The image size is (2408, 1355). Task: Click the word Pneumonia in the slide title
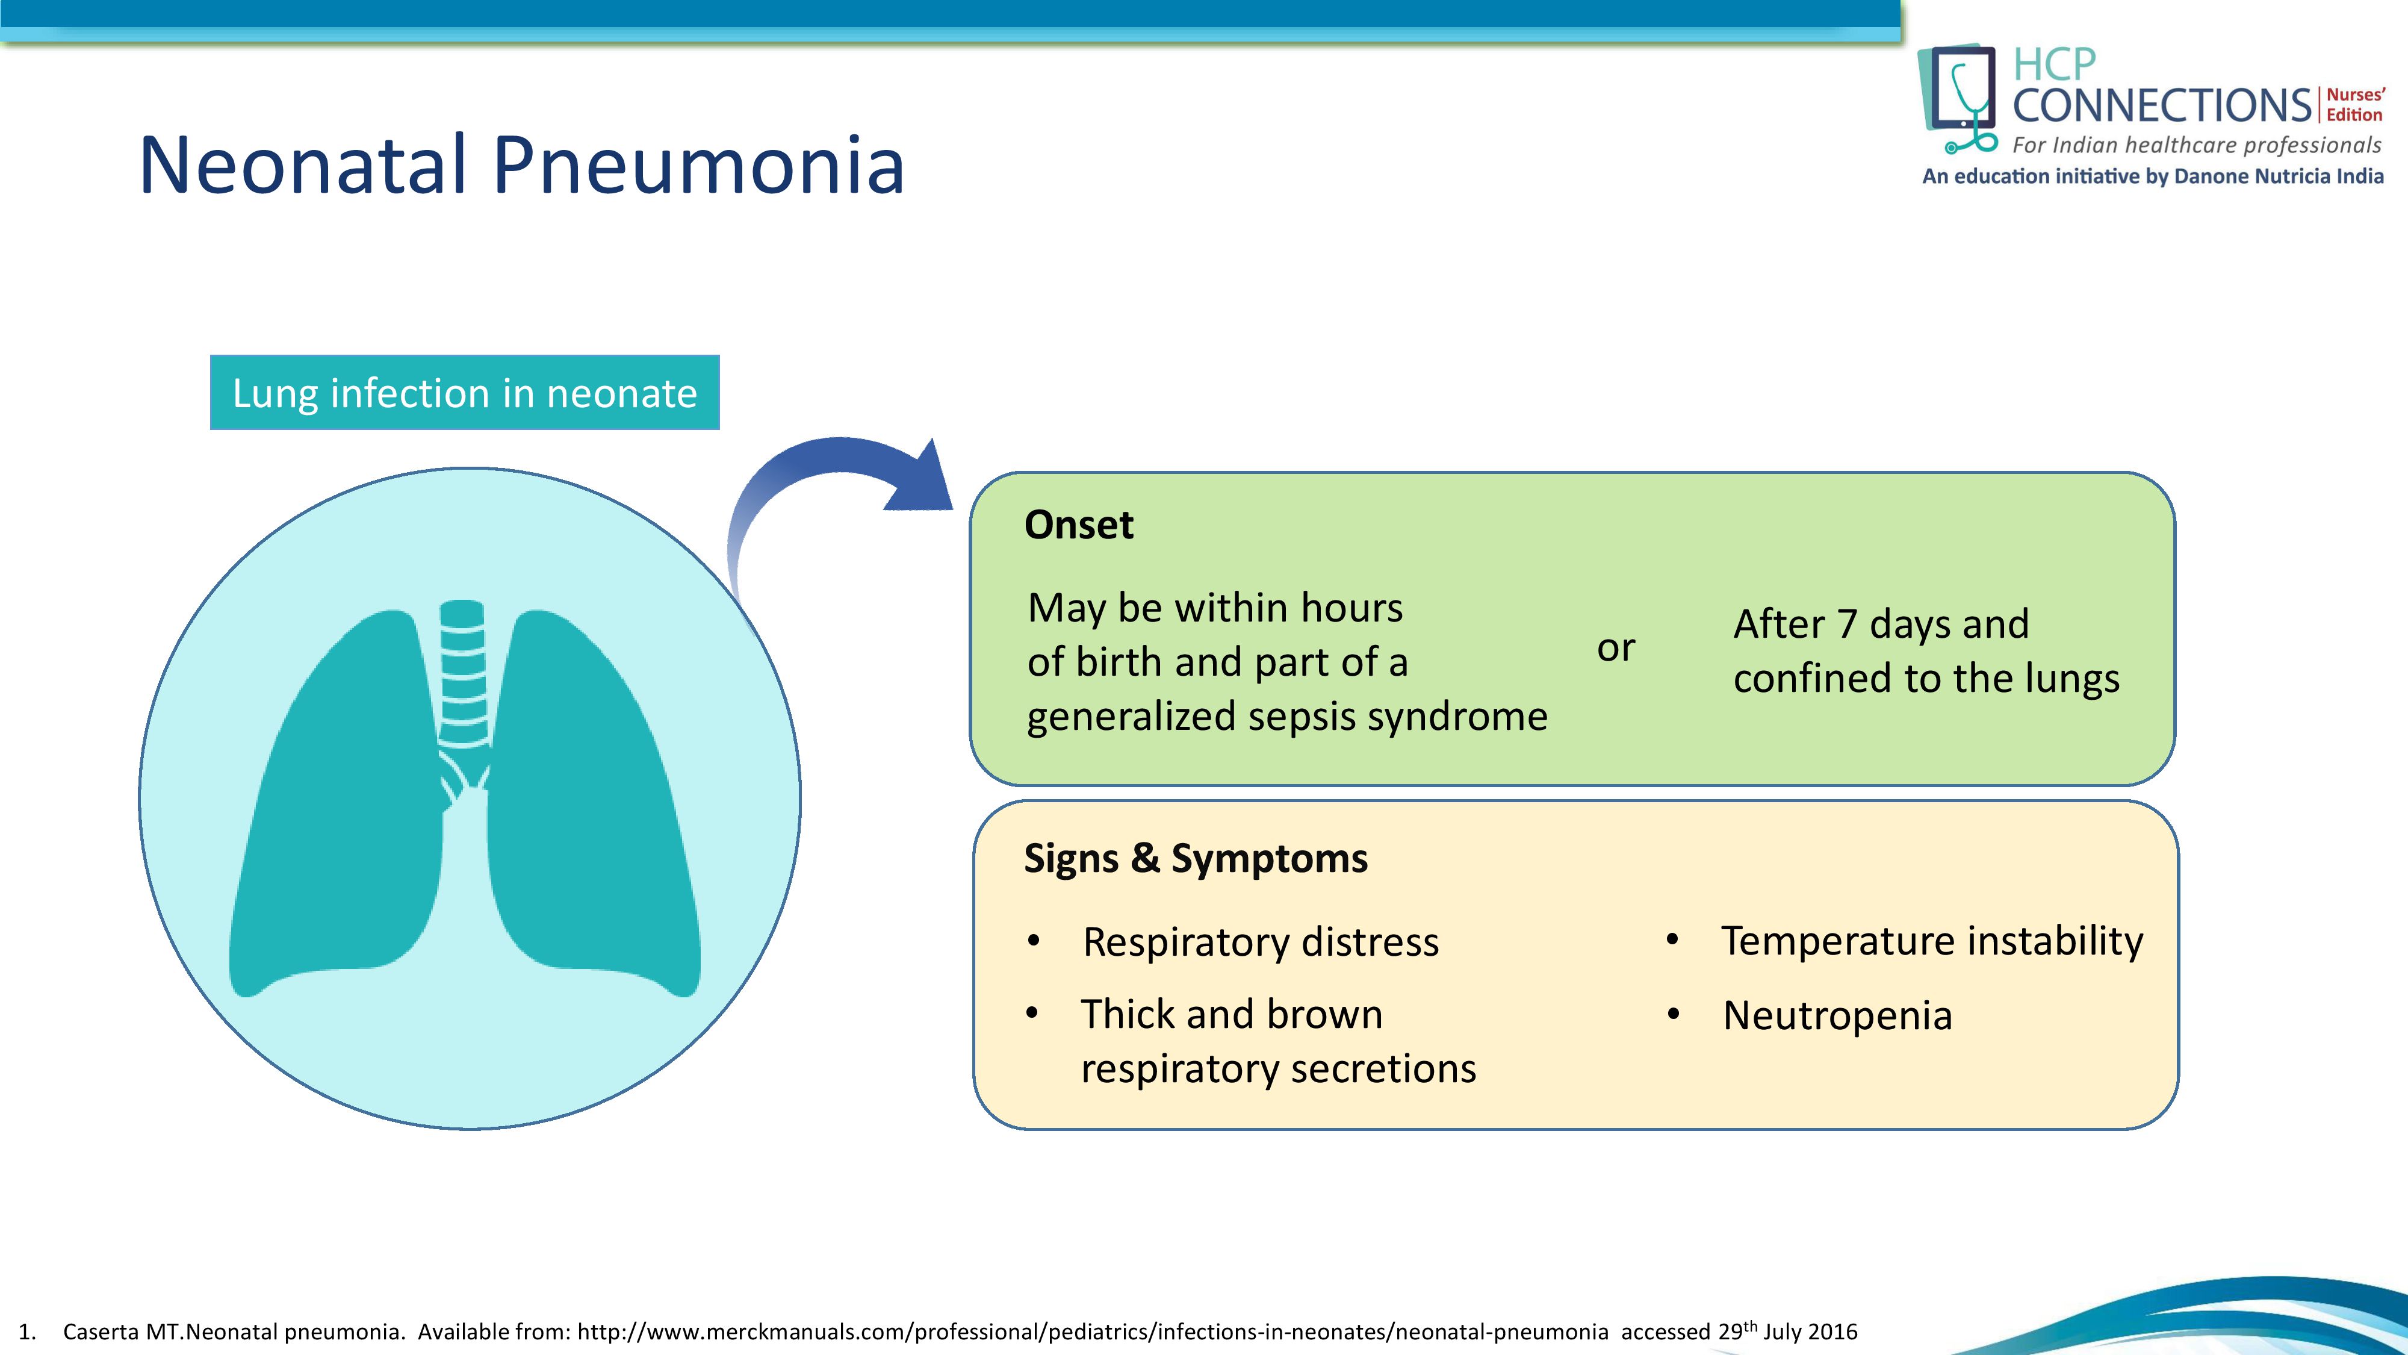(x=697, y=166)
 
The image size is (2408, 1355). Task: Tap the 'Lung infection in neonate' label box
(x=465, y=393)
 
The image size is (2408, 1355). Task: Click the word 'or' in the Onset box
(x=1615, y=648)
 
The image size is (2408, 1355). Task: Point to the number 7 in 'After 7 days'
(x=1846, y=624)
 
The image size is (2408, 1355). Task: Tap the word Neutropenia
(x=1837, y=1015)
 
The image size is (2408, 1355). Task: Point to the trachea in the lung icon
(x=463, y=673)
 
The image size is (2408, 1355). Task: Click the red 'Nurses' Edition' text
(x=2354, y=105)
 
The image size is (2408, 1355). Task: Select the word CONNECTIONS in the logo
(x=2161, y=105)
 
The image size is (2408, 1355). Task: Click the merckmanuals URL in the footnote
(x=1092, y=1332)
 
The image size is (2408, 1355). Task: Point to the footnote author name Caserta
(x=100, y=1332)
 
